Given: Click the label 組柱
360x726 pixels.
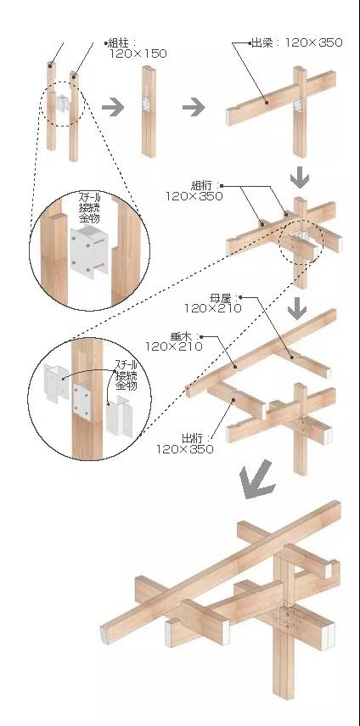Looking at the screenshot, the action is coord(120,43).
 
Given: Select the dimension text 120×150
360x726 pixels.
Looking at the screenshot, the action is coord(138,53).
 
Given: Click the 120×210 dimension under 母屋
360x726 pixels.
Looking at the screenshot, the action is coord(213,308).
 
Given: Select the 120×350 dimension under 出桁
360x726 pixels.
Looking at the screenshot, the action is coord(184,448).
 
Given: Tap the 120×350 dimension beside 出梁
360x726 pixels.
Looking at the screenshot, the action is coord(314,43).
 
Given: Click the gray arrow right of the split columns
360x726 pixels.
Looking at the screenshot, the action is coord(113,108).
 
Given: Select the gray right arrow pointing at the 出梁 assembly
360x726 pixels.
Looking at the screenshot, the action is coord(194,108).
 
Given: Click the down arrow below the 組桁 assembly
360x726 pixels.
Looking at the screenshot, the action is coord(296,309).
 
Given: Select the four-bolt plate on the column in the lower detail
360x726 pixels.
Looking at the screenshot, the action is coord(82,401).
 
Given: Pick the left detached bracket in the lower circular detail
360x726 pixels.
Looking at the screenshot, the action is coord(53,383).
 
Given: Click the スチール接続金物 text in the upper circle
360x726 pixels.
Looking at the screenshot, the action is coord(89,207).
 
